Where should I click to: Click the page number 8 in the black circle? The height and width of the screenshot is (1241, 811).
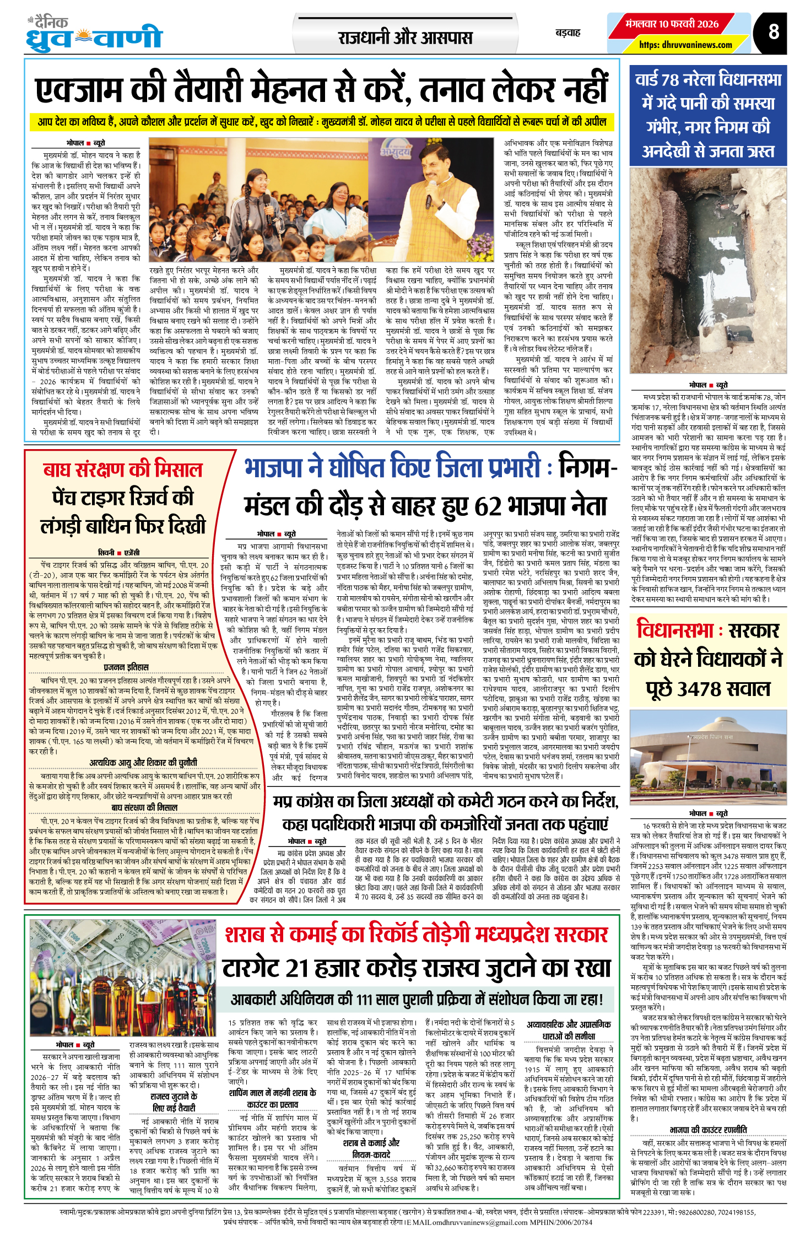(x=774, y=32)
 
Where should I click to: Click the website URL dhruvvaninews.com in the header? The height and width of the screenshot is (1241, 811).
(x=685, y=45)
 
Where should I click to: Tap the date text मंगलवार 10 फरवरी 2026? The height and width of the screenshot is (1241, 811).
(x=672, y=24)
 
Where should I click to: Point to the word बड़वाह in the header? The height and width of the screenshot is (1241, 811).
(x=568, y=33)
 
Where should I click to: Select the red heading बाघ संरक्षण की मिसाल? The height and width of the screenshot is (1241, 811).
(x=123, y=470)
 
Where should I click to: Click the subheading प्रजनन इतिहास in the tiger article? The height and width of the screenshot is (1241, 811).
(x=126, y=667)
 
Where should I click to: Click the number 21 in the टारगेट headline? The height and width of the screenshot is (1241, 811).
(x=306, y=968)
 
